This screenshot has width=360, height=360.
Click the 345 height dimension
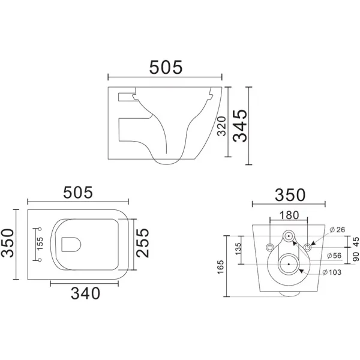coord(240,125)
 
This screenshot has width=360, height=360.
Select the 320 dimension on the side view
coord(222,126)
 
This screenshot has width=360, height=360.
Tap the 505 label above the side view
coord(166,67)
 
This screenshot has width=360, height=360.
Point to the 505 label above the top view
coord(78,193)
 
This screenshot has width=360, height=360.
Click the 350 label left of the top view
coord(7,243)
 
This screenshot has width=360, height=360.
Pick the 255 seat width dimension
coord(143,242)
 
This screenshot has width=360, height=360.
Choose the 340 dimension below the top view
coord(85,293)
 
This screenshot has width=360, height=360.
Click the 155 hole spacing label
coord(40,244)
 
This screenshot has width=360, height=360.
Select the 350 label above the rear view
coord(290,195)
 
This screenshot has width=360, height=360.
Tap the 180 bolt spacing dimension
coord(289,215)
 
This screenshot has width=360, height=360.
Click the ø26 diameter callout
coord(337,229)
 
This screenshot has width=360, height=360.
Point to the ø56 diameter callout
coord(334,256)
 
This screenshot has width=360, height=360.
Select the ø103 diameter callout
coord(332,272)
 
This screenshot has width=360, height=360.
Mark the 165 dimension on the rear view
coord(220,267)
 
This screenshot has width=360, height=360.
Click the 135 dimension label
coord(238,248)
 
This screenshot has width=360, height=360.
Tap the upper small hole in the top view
coord(40,229)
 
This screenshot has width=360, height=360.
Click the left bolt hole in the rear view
coord(269,247)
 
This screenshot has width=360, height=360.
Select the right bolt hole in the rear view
coord(307,247)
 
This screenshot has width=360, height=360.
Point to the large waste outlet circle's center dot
coord(289,264)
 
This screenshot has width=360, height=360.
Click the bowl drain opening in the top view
coord(71,244)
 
